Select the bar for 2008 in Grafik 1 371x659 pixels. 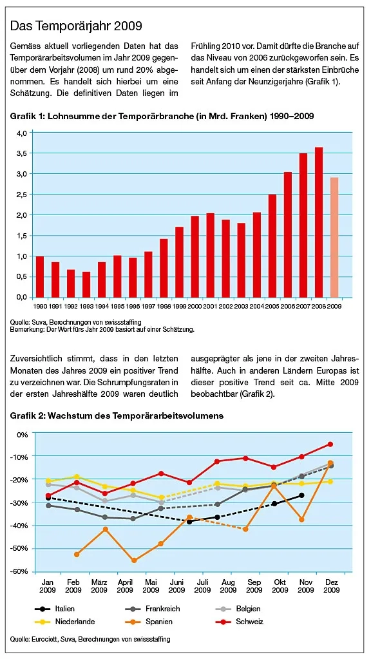[319, 222]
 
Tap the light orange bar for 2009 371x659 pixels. [334, 237]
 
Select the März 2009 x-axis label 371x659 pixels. [99, 586]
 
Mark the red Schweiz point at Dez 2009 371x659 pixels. [330, 444]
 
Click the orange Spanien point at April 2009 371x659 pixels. [134, 560]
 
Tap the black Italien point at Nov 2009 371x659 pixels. [301, 495]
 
